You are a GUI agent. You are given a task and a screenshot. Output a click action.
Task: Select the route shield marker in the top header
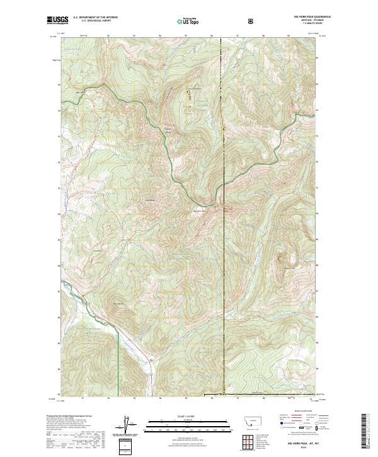(251, 21)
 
